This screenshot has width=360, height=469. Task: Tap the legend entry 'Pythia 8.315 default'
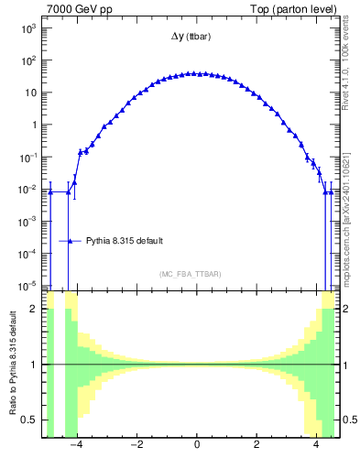(x=125, y=241)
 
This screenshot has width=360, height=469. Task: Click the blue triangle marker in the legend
(x=71, y=241)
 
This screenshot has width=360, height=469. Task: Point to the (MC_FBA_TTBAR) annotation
(x=190, y=274)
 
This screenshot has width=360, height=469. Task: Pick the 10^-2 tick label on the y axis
(x=28, y=190)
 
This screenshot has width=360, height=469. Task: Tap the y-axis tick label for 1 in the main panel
(x=34, y=125)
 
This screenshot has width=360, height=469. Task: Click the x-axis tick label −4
(x=79, y=446)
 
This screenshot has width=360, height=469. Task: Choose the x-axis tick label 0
(x=197, y=446)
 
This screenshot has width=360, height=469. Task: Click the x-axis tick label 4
(x=316, y=446)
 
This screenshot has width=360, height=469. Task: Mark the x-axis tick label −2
(x=137, y=446)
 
